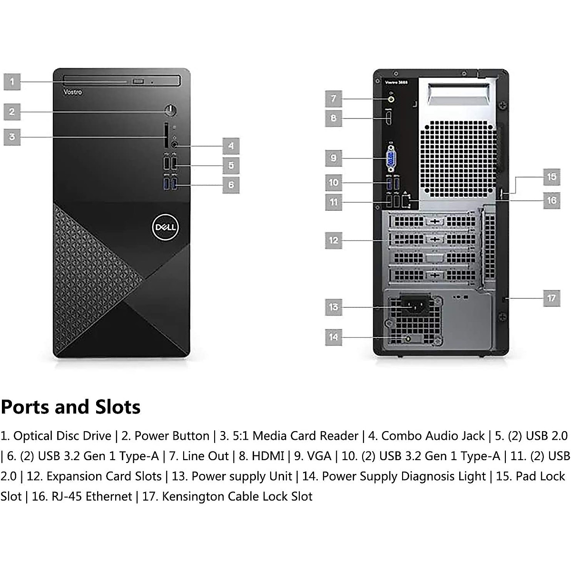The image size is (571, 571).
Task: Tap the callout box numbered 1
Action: point(12,82)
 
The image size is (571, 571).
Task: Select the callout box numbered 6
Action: point(231,185)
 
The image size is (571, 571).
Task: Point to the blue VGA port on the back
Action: point(391,158)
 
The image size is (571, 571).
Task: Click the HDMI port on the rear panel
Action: point(389,118)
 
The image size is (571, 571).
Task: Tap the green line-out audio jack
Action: point(391,99)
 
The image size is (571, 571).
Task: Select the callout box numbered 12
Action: point(334,240)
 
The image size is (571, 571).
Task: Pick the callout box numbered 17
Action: point(551,298)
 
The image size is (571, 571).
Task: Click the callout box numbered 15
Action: point(551,177)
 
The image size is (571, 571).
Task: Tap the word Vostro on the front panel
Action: point(72,92)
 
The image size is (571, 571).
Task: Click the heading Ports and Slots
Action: point(70,407)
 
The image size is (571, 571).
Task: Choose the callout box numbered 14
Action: point(334,337)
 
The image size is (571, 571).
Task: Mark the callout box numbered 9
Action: point(334,158)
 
